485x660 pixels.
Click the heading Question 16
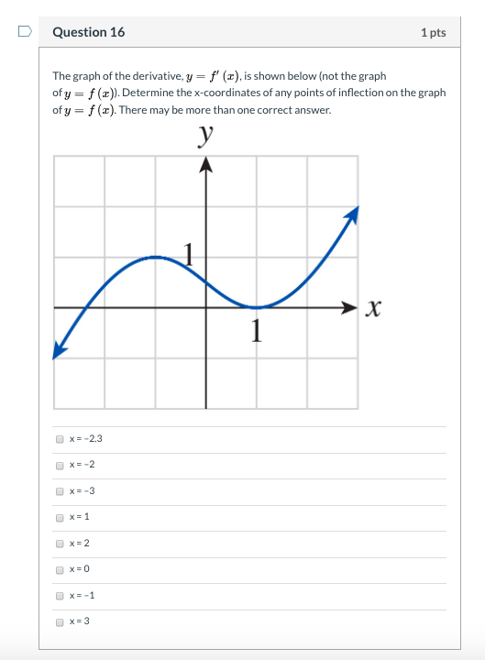89,32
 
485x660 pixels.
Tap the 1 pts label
433,33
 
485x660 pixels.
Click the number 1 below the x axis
257,328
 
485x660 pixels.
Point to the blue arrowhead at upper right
351,214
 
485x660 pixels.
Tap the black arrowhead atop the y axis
205,164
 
